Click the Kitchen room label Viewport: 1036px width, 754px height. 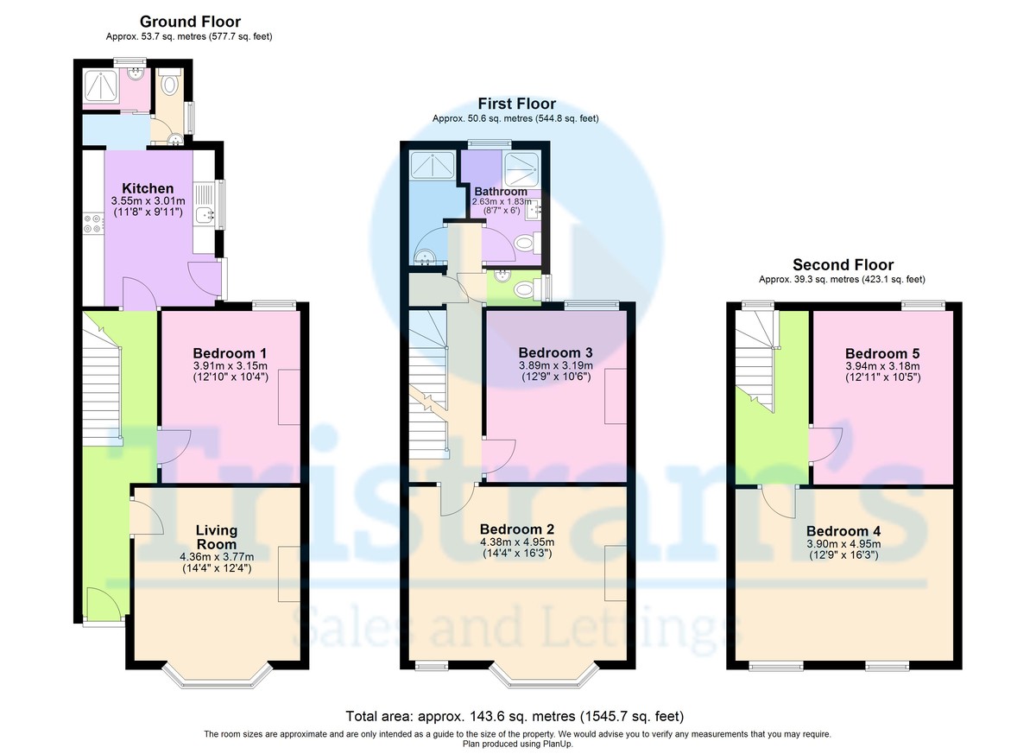point(148,188)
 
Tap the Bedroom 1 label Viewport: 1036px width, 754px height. point(230,353)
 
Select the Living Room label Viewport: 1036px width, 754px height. point(217,537)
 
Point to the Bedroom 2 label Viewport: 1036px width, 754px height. point(517,529)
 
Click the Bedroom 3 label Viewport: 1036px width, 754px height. point(555,353)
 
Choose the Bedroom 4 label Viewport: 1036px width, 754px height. point(843,531)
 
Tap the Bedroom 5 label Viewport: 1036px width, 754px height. point(882,354)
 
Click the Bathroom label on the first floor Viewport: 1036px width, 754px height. point(501,192)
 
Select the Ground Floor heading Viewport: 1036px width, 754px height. point(190,22)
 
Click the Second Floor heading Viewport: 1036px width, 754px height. point(843,264)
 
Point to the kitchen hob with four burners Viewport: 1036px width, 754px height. point(93,224)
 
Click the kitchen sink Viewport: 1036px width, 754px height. point(205,215)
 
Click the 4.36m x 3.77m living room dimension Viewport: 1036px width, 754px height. point(217,557)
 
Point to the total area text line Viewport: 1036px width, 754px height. point(515,717)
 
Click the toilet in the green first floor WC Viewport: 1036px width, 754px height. point(527,290)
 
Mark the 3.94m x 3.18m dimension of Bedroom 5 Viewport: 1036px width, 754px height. point(882,366)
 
